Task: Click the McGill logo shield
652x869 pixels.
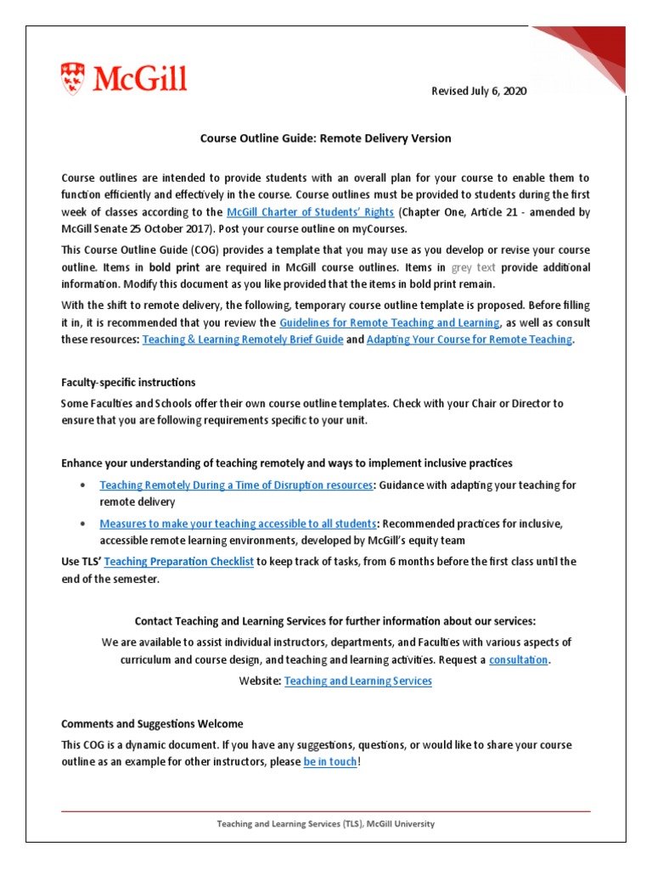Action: (x=73, y=79)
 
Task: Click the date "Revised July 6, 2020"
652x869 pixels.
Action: (x=480, y=92)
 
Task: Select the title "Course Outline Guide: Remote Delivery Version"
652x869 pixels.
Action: (x=325, y=137)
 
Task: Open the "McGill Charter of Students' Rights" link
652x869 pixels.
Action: (x=310, y=211)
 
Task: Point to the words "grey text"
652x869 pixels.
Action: (x=474, y=267)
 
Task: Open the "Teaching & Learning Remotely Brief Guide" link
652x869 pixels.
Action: (x=243, y=339)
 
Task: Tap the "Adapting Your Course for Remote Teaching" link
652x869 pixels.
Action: (x=469, y=339)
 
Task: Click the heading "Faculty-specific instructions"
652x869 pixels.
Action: (x=128, y=383)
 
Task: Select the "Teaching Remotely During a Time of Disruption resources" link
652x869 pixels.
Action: (x=236, y=485)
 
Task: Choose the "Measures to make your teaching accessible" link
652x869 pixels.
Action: (x=237, y=524)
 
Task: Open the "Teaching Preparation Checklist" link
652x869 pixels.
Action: (x=179, y=562)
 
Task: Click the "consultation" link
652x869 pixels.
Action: (x=519, y=659)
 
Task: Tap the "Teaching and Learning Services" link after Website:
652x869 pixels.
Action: (x=358, y=681)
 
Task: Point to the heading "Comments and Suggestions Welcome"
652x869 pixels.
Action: (x=152, y=724)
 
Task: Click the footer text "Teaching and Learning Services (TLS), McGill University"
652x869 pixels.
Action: (x=325, y=823)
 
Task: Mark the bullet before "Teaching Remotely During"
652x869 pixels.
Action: (x=81, y=485)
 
